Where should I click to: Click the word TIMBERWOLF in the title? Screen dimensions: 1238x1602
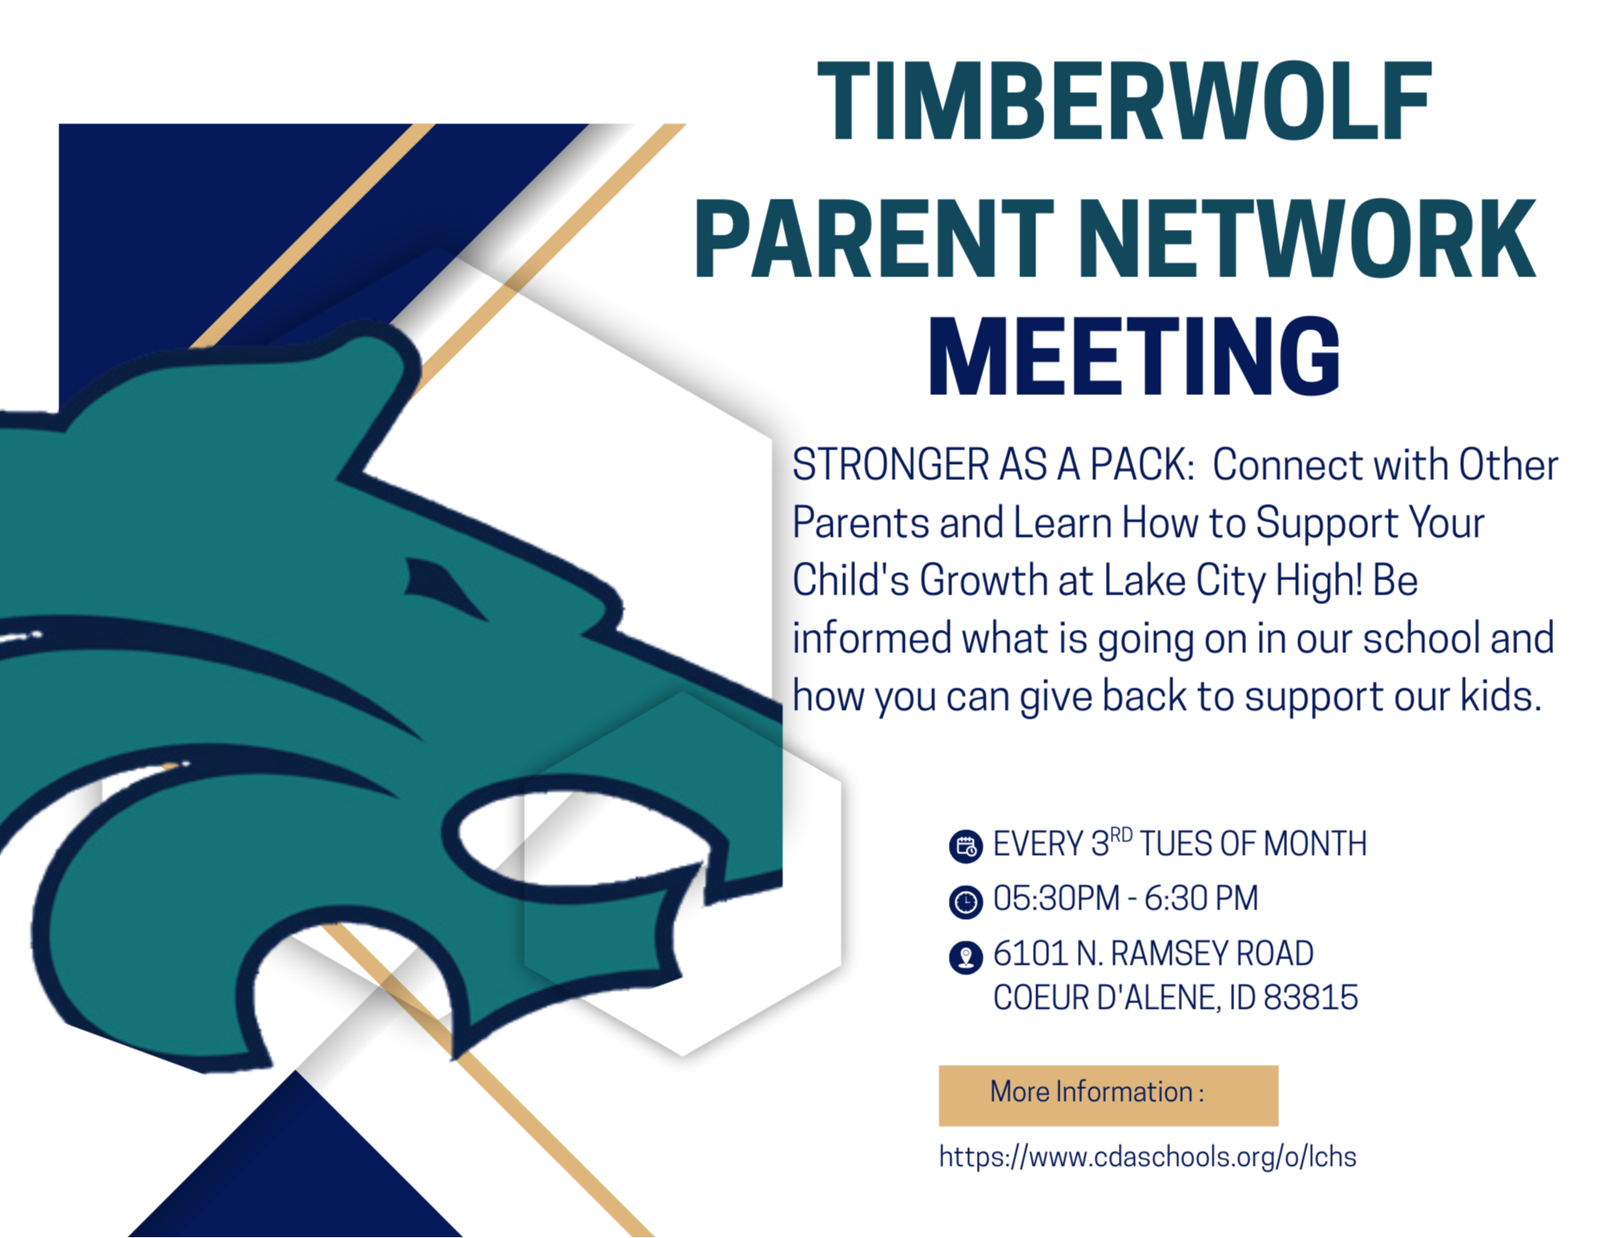pos(1124,102)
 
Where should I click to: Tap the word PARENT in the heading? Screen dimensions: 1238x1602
pos(874,238)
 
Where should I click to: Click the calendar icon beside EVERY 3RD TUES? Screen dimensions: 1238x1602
pos(966,846)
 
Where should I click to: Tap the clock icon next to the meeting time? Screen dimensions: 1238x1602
pos(966,901)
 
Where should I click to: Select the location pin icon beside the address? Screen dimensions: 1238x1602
pos(966,957)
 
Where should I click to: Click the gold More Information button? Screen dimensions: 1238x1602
pos(1108,1095)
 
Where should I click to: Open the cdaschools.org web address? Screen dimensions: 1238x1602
pos(1147,1156)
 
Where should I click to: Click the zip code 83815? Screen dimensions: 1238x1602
pos(1310,998)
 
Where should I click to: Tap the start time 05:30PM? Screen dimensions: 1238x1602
pos(1055,898)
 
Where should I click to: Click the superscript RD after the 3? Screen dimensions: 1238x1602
pos(1121,835)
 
